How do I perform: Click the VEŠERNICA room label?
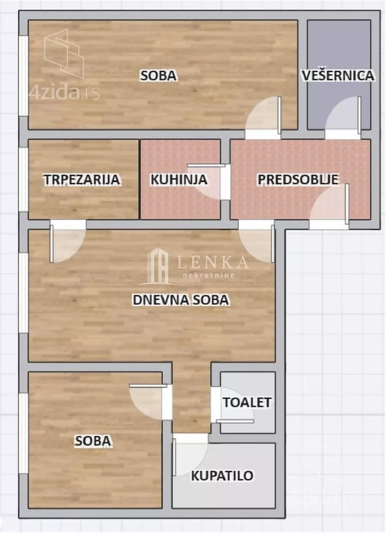pos(338,76)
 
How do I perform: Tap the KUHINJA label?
pos(179,179)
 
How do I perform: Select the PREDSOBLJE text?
pos(298,179)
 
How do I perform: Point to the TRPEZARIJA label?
pos(82,180)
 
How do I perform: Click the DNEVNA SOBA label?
pos(181,300)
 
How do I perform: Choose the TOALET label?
pos(247,402)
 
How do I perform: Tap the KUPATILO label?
pos(223,476)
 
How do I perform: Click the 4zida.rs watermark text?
pos(65,92)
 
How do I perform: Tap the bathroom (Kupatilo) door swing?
pos(191,454)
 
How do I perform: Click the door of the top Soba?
pos(264,116)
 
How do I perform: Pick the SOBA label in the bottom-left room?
pos(93,441)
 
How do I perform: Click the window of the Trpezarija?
pos(23,179)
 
